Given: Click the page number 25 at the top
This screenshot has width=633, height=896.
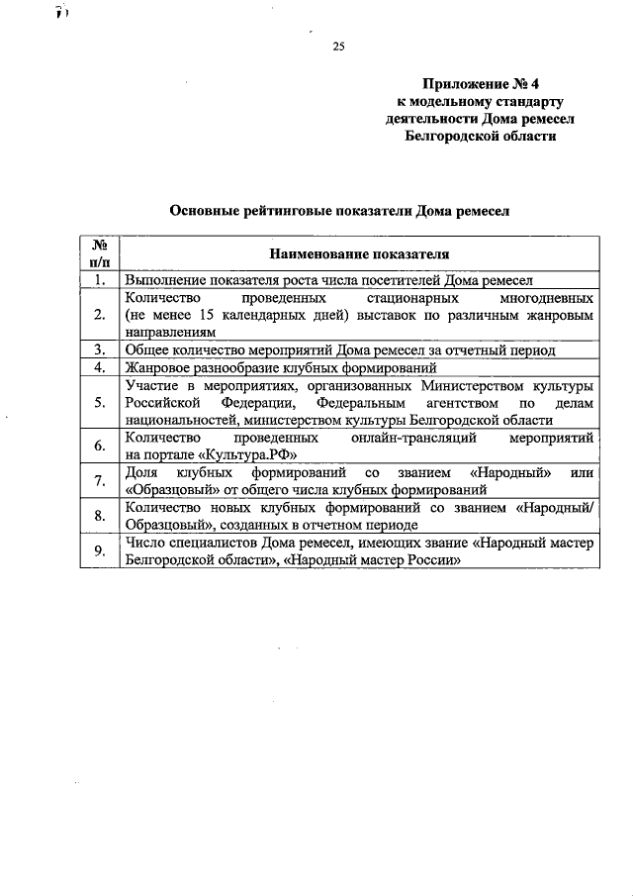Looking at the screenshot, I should point(338,47).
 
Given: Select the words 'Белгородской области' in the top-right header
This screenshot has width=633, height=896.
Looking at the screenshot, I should point(482,136).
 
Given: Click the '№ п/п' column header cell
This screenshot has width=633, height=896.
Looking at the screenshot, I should point(99,253).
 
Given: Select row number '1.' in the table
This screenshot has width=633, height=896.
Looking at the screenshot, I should point(99,280).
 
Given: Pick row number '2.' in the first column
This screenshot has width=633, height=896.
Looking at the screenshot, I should point(99,315).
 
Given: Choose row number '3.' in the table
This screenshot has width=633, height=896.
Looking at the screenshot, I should point(99,349).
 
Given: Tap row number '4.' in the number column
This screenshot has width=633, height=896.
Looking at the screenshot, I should point(99,367).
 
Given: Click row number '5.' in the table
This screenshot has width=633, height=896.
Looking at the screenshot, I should point(99,402).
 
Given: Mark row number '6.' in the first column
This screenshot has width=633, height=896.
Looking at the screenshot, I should point(99,446).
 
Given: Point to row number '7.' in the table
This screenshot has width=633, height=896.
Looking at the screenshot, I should point(99,480).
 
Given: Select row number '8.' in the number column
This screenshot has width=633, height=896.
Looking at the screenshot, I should point(99,515).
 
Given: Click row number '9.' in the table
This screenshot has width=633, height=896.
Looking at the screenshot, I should point(99,550).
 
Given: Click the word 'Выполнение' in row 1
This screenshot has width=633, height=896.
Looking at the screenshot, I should point(163,280).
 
